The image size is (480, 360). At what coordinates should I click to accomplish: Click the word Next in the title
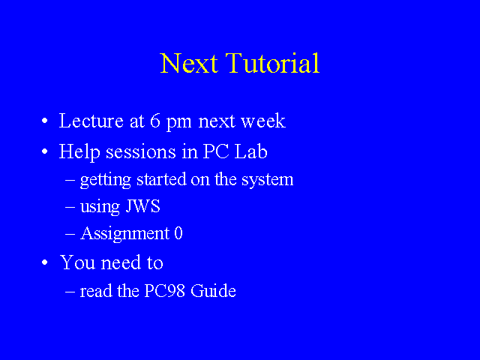pyautogui.click(x=189, y=63)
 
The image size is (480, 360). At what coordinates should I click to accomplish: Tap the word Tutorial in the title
pyautogui.click(x=272, y=63)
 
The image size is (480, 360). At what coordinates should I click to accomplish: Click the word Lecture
pyautogui.click(x=91, y=121)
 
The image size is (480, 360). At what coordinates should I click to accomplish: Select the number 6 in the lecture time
pyautogui.click(x=155, y=121)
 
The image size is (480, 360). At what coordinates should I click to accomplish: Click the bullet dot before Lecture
pyautogui.click(x=45, y=121)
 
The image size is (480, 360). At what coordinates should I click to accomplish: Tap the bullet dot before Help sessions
pyautogui.click(x=45, y=151)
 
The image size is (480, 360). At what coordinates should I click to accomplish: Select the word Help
pyautogui.click(x=79, y=152)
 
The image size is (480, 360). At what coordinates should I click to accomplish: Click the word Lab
pyautogui.click(x=250, y=151)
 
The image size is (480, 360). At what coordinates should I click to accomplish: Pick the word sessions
pyautogui.click(x=141, y=151)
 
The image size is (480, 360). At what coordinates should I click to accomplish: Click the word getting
pyautogui.click(x=106, y=180)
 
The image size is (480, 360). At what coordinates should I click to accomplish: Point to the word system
pyautogui.click(x=267, y=180)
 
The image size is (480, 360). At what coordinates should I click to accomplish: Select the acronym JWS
pyautogui.click(x=142, y=206)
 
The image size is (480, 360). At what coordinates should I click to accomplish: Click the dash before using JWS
pyautogui.click(x=70, y=207)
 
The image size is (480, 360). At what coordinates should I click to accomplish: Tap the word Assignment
pyautogui.click(x=125, y=234)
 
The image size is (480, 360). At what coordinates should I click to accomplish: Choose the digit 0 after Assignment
pyautogui.click(x=178, y=233)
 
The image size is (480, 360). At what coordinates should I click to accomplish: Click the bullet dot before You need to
pyautogui.click(x=45, y=262)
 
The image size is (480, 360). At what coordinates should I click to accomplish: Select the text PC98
pyautogui.click(x=164, y=290)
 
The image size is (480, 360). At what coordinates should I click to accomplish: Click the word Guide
pyautogui.click(x=213, y=290)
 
